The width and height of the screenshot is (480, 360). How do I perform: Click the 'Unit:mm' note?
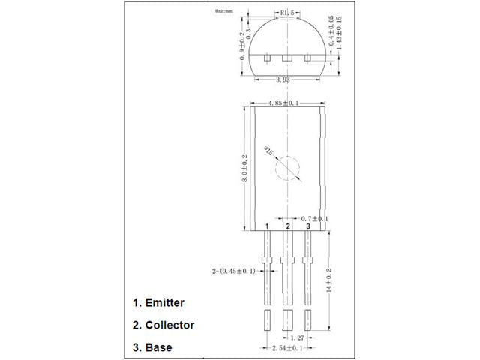coord(225,12)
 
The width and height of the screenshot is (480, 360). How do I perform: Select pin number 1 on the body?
coord(268,226)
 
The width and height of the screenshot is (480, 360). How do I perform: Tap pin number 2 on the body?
coord(288,226)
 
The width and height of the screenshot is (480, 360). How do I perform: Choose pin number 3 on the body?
coord(307,226)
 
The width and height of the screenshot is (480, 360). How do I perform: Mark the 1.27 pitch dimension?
coord(298,338)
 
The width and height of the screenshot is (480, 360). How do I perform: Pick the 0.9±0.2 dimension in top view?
coord(241,46)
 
